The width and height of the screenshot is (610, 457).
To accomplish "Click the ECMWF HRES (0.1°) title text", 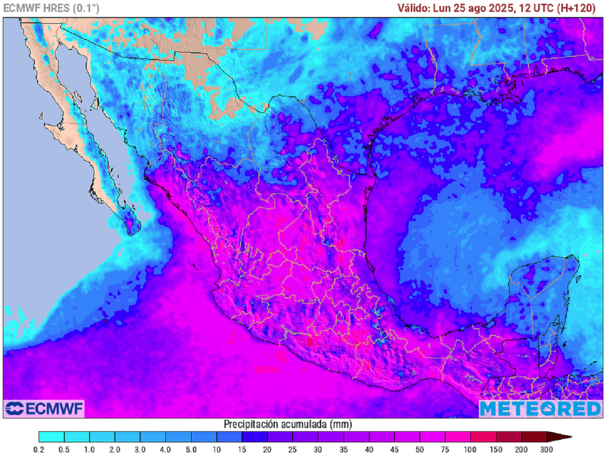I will click(51, 8).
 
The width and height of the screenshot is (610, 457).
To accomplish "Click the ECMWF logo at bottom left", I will click(44, 409).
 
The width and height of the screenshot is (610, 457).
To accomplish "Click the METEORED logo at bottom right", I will click(540, 409).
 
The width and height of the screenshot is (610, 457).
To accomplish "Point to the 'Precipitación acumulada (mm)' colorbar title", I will click(287, 424).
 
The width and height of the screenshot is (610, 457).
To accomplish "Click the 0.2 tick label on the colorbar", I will click(39, 449).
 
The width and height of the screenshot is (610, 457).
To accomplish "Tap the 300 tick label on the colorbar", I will click(546, 449).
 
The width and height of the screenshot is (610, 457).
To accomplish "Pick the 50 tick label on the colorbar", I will click(420, 449).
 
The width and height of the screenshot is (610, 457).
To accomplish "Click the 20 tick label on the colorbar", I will click(267, 449).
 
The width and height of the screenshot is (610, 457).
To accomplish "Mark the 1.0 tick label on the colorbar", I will click(90, 449).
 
